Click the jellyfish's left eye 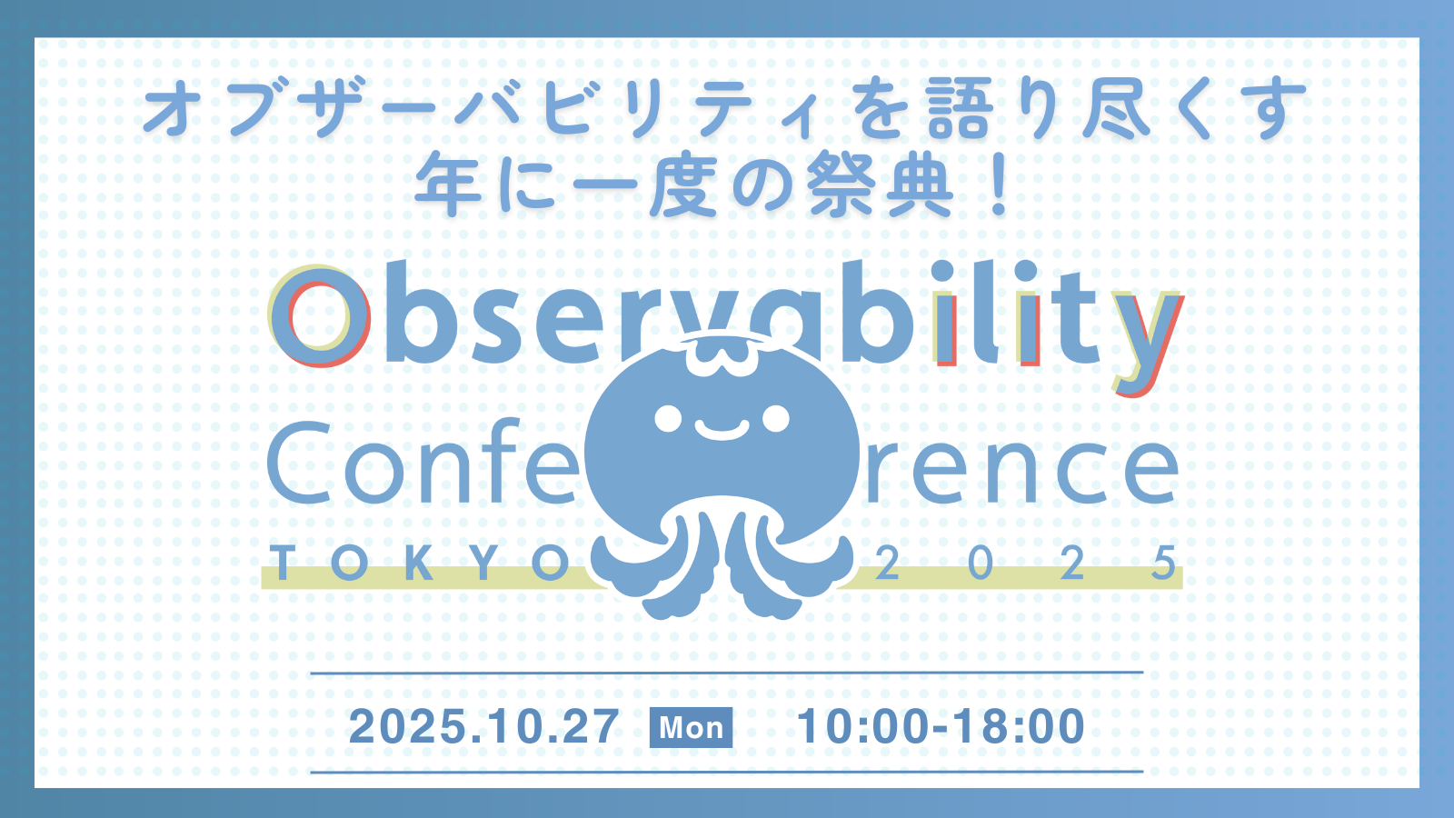click(668, 418)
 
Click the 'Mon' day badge click(691, 728)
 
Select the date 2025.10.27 click(483, 727)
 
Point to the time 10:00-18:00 click(941, 726)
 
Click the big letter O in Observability click(319, 316)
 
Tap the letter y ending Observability click(1146, 342)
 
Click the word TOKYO click(421, 563)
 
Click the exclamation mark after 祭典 click(1001, 185)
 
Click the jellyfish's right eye click(776, 418)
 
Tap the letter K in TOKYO click(422, 563)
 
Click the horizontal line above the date click(726, 673)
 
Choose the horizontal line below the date click(726, 772)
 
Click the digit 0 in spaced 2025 click(981, 563)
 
